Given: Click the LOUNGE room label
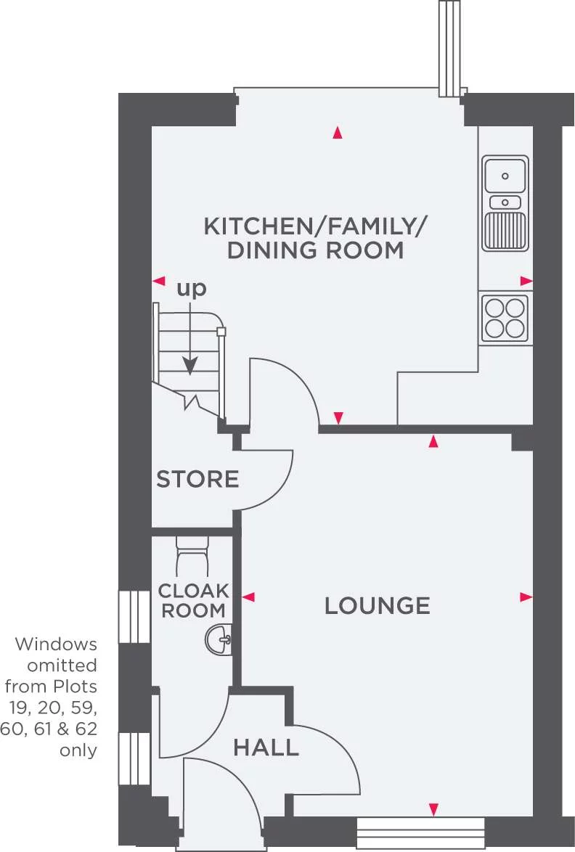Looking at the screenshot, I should (x=377, y=605).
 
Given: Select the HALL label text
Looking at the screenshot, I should (x=266, y=747).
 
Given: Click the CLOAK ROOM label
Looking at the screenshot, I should (x=193, y=600).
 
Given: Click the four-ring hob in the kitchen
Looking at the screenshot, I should (x=505, y=318).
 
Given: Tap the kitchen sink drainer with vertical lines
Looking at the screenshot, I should (x=506, y=231).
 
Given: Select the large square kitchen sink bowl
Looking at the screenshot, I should (x=505, y=174).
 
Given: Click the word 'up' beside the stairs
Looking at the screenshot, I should (x=192, y=288).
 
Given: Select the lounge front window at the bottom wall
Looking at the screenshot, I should (x=420, y=828).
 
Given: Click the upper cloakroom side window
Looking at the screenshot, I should (x=134, y=616).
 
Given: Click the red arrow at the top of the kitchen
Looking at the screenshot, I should (x=337, y=132).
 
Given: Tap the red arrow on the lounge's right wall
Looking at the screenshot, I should (x=526, y=597).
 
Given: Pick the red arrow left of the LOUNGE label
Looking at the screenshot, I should (x=248, y=597).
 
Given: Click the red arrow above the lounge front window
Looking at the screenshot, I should (x=433, y=808).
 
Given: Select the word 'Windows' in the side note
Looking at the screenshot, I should (x=56, y=644).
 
